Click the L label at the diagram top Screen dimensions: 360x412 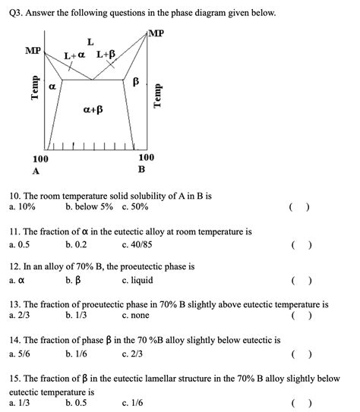point(90,41)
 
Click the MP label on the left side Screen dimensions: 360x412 point(33,51)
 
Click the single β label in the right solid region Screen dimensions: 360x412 point(137,81)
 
